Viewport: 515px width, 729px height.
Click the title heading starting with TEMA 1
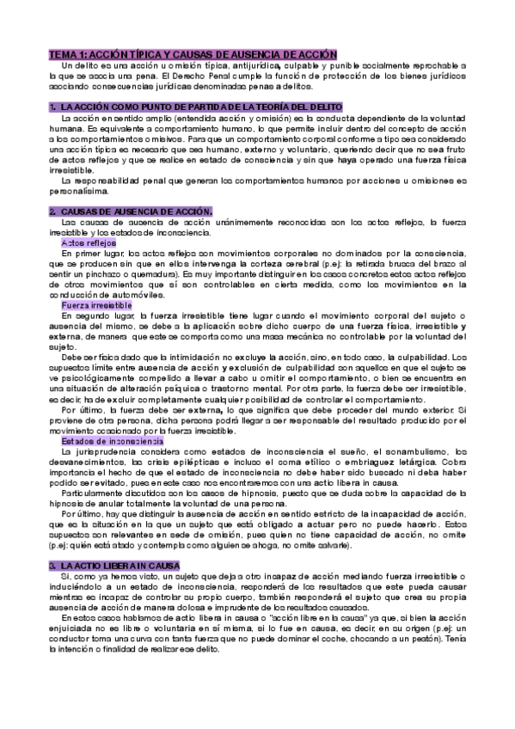click(x=192, y=53)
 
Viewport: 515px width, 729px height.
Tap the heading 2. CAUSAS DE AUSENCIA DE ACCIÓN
click(x=131, y=211)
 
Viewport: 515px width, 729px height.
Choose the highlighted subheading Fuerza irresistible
click(x=96, y=305)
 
